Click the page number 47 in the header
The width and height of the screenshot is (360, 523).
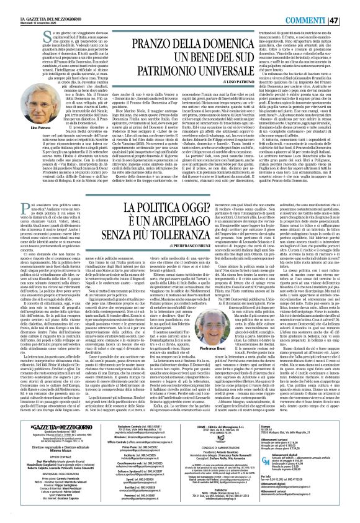pyautogui.click(x=352, y=7)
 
